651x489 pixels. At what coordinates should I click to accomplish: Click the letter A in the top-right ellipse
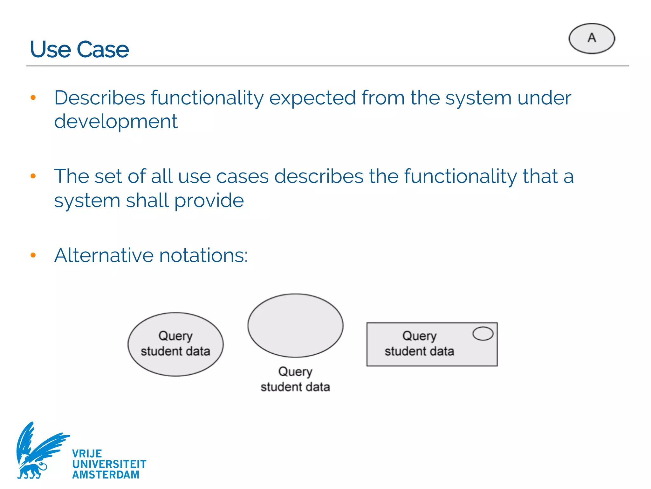[592, 38]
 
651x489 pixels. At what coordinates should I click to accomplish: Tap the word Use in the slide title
[50, 50]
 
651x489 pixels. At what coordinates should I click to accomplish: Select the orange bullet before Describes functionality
[33, 98]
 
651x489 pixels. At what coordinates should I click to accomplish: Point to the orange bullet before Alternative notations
[33, 255]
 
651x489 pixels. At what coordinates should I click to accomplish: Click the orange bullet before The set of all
[33, 176]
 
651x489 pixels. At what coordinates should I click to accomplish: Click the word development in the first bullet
[116, 122]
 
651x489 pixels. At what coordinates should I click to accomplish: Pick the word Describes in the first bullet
[99, 98]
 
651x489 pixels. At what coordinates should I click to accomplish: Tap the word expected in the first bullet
[312, 98]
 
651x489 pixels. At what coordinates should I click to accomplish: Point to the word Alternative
[104, 255]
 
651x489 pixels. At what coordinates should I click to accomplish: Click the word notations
[203, 256]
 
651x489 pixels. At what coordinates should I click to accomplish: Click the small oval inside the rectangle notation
[483, 334]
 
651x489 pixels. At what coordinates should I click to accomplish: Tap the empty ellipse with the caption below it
[295, 325]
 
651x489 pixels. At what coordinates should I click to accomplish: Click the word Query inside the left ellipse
[175, 336]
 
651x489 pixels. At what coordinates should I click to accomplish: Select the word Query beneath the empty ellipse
[295, 372]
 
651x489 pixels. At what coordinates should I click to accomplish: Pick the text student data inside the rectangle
[419, 351]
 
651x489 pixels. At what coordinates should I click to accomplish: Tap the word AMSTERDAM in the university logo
[106, 475]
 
